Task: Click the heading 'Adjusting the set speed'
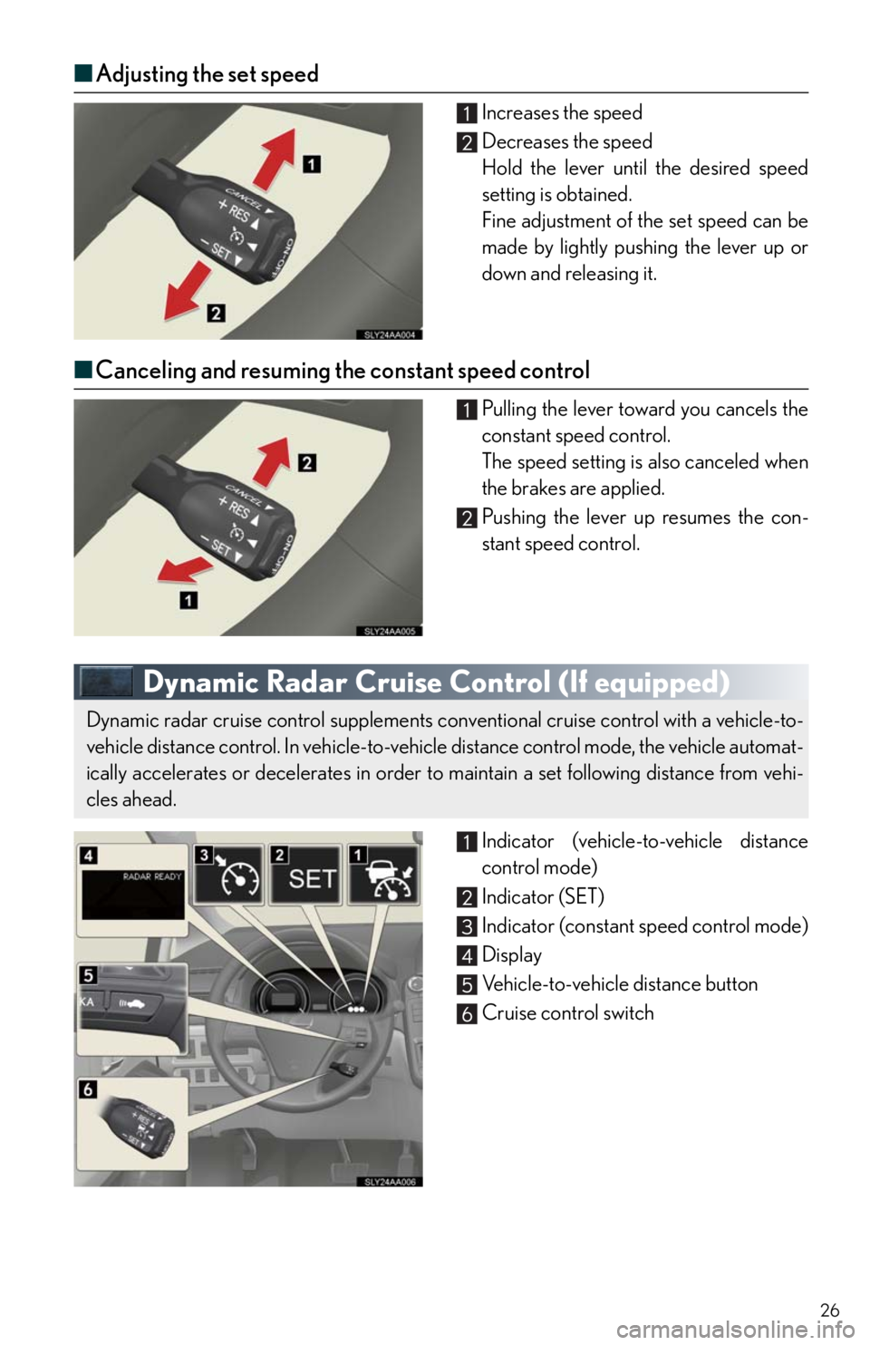[x=208, y=73]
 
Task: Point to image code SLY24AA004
[x=390, y=334]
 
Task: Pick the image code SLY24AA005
[x=390, y=631]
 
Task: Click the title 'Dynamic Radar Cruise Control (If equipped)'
[x=437, y=682]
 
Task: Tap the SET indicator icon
[x=305, y=874]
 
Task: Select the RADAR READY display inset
[x=132, y=889]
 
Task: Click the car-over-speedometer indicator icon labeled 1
[x=383, y=874]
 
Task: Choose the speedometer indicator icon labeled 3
[x=228, y=874]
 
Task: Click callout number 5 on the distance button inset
[x=88, y=976]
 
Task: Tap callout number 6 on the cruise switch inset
[x=88, y=1089]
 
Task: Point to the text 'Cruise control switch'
[x=567, y=1012]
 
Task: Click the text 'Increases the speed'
[x=562, y=112]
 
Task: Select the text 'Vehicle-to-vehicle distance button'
[x=620, y=983]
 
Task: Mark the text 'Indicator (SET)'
[x=543, y=896]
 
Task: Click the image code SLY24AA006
[x=390, y=1181]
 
